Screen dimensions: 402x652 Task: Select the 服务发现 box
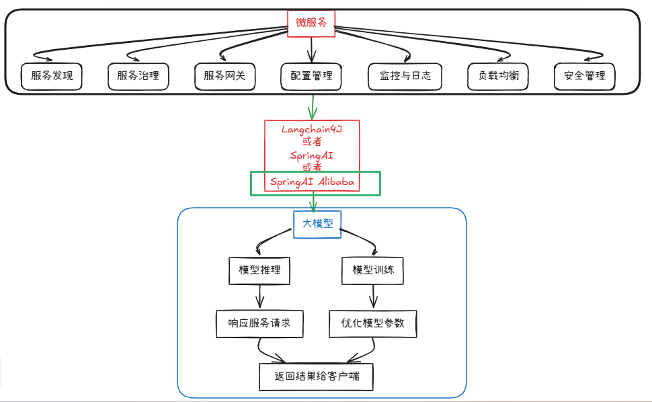[x=51, y=76]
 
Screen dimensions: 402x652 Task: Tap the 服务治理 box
[x=138, y=76]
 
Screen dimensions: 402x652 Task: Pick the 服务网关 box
[x=225, y=76]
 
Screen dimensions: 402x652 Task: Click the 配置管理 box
[x=311, y=76]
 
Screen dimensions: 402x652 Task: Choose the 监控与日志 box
[x=405, y=76]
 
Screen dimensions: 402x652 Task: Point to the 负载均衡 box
[x=498, y=76]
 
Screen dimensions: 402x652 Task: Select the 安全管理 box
[x=584, y=76]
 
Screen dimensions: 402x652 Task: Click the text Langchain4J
[x=312, y=129]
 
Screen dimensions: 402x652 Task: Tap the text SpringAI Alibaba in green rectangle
[x=312, y=182]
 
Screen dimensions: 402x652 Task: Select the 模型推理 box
[x=259, y=271]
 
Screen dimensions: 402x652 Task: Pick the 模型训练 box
[x=373, y=271]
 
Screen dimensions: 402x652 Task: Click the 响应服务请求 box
[x=259, y=323]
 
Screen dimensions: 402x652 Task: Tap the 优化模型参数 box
[x=373, y=323]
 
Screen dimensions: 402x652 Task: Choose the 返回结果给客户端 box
[x=316, y=376]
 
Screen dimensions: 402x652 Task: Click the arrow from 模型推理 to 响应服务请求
[x=259, y=296]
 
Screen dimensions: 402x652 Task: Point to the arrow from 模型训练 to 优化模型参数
[x=373, y=296]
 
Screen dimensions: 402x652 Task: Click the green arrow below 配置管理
[x=312, y=105]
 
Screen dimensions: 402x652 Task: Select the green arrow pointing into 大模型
[x=313, y=202]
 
